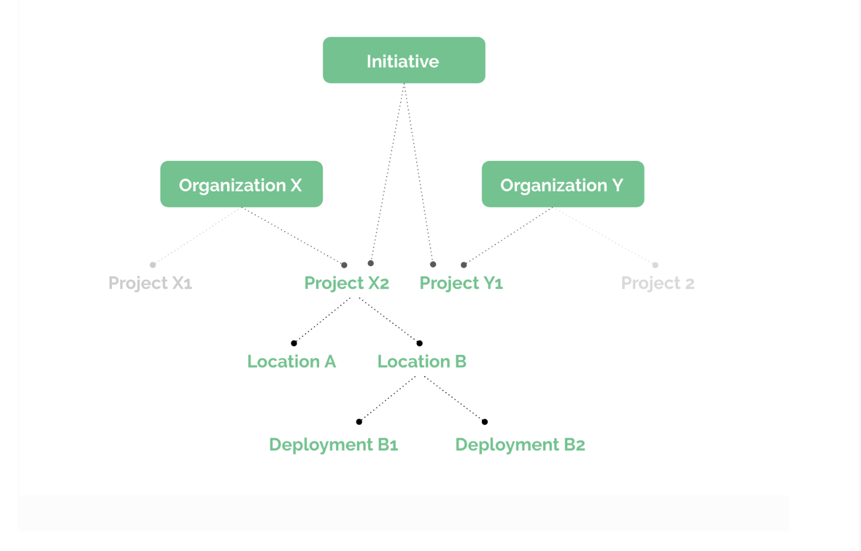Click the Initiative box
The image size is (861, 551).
tap(404, 60)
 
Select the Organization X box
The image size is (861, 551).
tap(241, 184)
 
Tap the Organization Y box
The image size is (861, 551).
tap(563, 184)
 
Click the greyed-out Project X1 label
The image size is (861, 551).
tap(150, 284)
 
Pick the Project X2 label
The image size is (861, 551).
tap(347, 284)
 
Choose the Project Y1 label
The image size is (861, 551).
tap(461, 284)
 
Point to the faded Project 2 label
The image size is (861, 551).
tap(658, 284)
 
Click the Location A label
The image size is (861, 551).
tap(292, 362)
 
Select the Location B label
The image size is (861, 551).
tap(422, 362)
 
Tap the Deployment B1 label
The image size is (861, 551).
tap(333, 445)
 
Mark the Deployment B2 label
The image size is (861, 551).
tap(520, 445)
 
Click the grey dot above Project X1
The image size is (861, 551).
tap(153, 265)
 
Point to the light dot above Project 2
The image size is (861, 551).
tap(656, 265)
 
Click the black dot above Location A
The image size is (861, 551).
tap(294, 343)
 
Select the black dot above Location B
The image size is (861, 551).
tap(420, 343)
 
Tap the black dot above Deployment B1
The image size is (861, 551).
tap(359, 422)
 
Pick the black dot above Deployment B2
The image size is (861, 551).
tap(485, 422)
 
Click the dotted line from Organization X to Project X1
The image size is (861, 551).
tap(197, 236)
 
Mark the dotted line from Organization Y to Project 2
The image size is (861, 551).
tap(604, 236)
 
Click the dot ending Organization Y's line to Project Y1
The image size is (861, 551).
tap(464, 265)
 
